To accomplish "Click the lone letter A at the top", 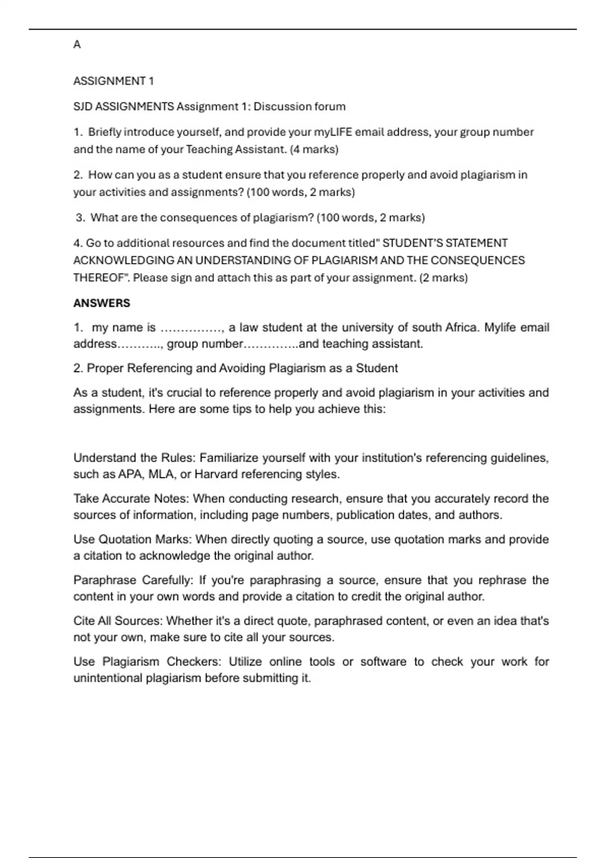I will (x=77, y=45).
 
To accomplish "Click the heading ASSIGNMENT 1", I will (x=114, y=81).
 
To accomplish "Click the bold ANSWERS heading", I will (x=102, y=303).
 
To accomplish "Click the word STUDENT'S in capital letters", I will (x=413, y=243).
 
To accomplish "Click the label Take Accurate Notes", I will (x=131, y=499).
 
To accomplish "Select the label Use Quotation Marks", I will (x=132, y=540).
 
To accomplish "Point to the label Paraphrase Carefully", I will (x=132, y=580).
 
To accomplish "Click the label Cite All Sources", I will (x=118, y=621).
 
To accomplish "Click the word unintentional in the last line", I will (x=108, y=678).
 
